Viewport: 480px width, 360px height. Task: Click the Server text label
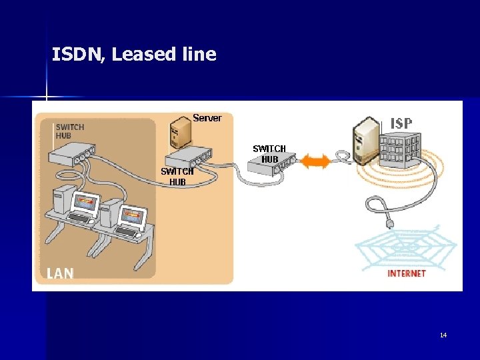point(207,118)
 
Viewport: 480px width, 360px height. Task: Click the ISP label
point(401,123)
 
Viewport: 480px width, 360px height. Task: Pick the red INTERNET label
point(407,273)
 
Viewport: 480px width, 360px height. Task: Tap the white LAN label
point(60,273)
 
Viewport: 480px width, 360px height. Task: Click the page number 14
point(443,335)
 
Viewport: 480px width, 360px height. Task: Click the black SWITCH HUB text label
point(269,154)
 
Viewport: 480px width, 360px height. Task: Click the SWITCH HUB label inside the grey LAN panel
point(69,131)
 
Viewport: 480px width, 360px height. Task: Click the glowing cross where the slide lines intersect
point(47,98)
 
